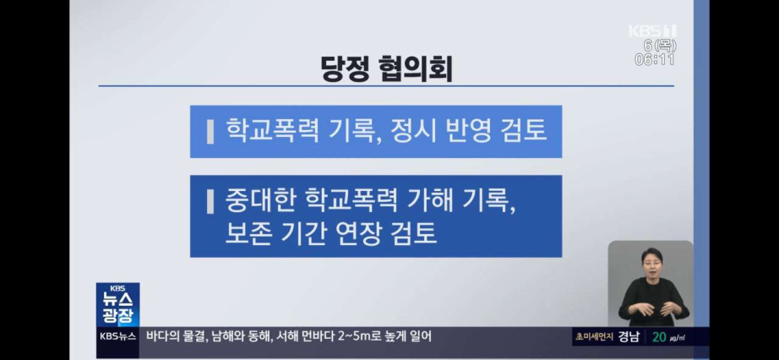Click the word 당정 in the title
(345, 68)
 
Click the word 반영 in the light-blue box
(466, 131)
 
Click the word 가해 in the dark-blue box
(428, 201)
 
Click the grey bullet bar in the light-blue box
(210, 133)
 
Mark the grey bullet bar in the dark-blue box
(210, 202)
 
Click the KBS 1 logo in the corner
(652, 30)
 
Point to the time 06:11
(655, 60)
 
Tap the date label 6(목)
(660, 46)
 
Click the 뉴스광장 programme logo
(117, 305)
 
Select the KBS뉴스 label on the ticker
(117, 336)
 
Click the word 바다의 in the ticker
(162, 336)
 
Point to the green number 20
(659, 336)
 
